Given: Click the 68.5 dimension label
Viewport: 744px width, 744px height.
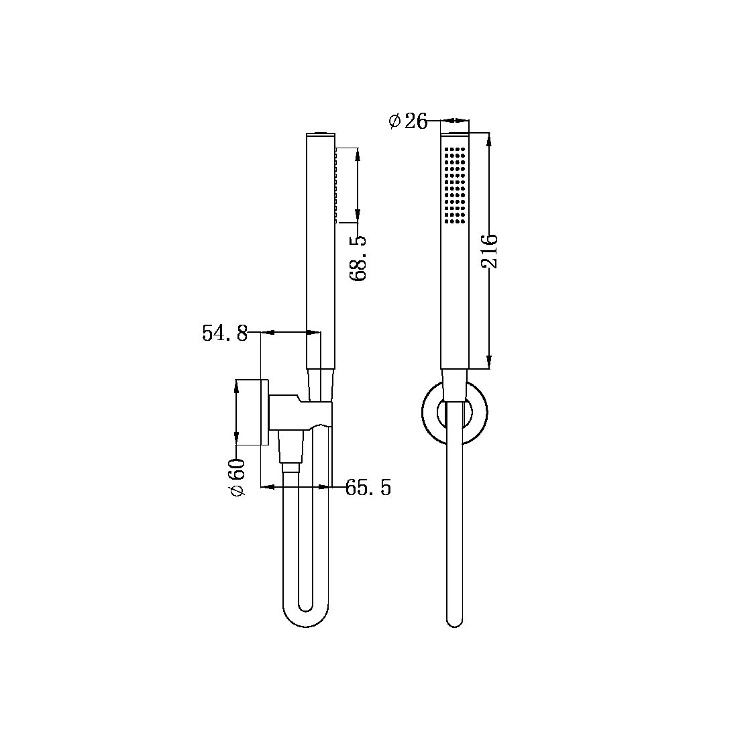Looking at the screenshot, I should coord(360,258).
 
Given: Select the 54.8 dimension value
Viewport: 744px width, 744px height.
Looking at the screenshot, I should coord(225,333).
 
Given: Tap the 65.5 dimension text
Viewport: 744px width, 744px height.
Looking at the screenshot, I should coord(368,488).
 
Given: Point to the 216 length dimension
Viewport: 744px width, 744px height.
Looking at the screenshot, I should coord(490,251).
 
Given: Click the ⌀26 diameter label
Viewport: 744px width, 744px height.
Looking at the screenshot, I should coord(408,121).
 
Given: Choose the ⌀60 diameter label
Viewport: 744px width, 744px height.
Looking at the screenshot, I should coord(237,477).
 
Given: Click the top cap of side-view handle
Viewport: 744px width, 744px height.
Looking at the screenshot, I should coord(320,133).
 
